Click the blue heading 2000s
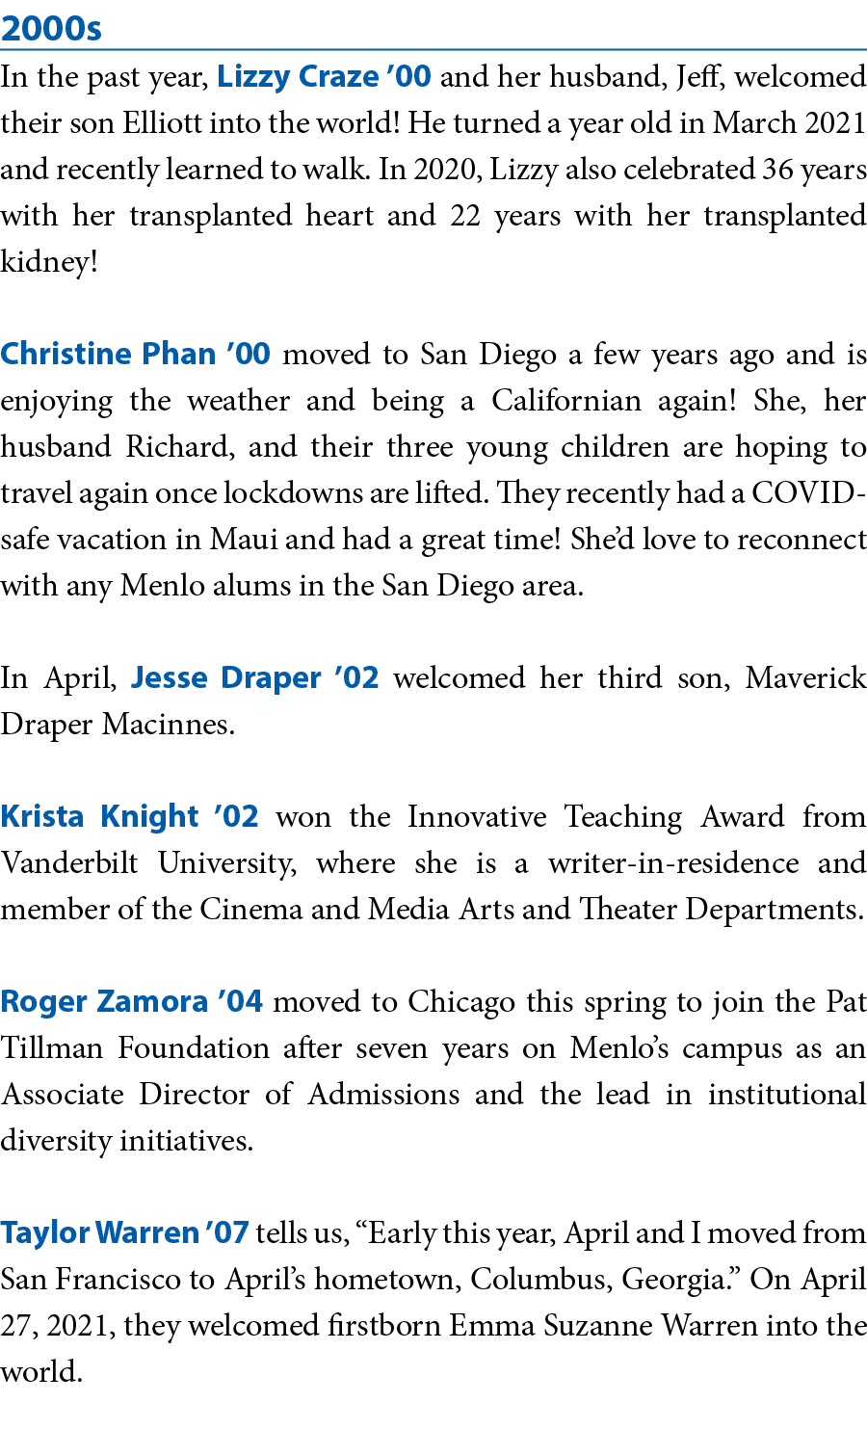coord(51,29)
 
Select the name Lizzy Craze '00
coord(324,77)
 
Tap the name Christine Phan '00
coord(135,355)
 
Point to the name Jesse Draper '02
coord(254,678)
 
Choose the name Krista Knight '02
coord(130,817)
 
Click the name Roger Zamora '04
coord(132,1001)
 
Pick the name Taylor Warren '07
coord(125,1233)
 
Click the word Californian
coord(566,401)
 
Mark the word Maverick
coord(806,678)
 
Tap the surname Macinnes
coord(169,725)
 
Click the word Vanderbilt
coord(69,863)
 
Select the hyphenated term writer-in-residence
coord(673,863)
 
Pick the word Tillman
coord(52,1048)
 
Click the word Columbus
coord(541,1280)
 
